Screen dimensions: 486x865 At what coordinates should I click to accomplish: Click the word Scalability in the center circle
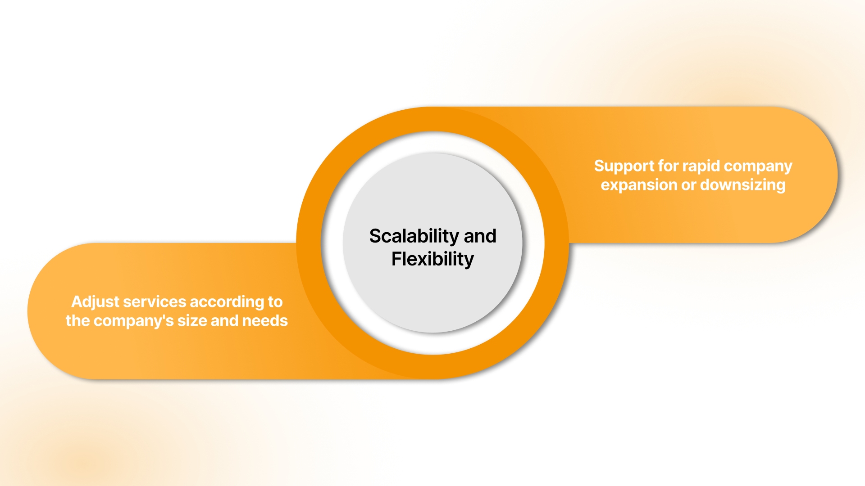414,237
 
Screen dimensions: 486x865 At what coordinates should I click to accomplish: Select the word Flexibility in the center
432,260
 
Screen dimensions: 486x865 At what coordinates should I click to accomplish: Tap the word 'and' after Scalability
480,236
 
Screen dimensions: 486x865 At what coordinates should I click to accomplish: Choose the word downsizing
743,185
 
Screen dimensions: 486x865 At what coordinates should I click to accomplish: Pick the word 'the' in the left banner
77,321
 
